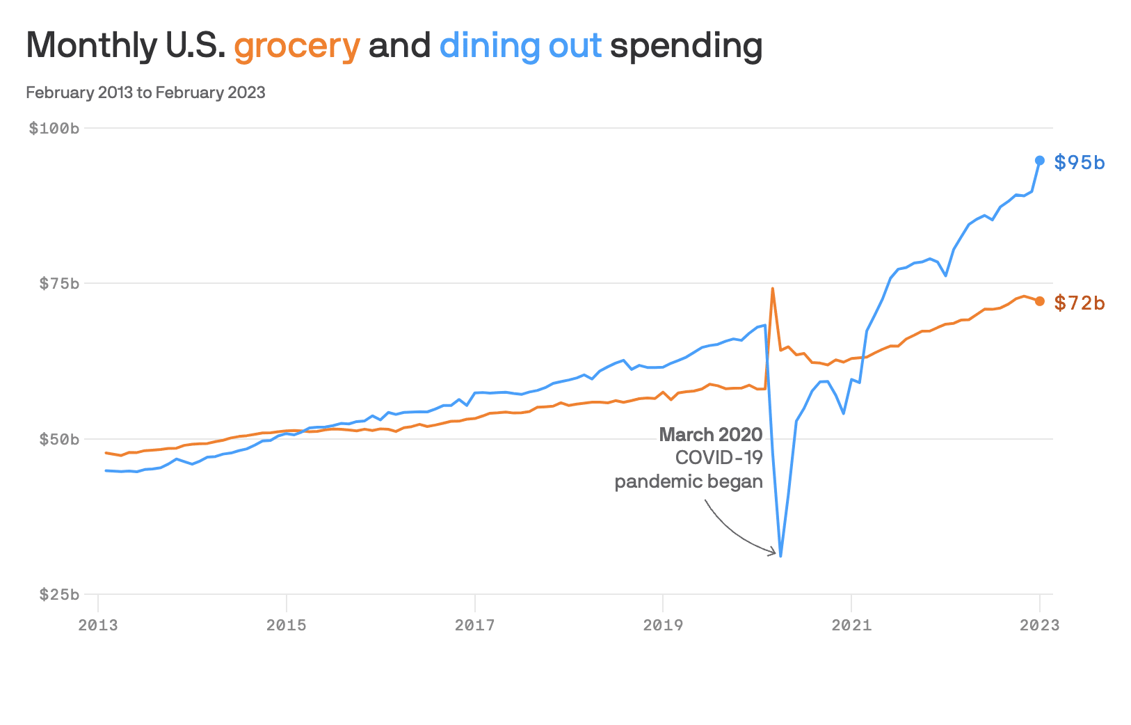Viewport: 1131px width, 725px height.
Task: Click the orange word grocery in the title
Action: (x=296, y=46)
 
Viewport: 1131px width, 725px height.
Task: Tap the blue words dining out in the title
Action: (x=520, y=46)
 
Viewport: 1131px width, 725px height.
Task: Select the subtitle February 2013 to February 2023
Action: (x=145, y=93)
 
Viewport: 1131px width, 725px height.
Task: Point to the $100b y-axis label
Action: (x=54, y=128)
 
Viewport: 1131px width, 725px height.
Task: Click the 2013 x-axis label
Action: (x=98, y=625)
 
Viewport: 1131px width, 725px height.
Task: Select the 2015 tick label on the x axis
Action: (x=287, y=625)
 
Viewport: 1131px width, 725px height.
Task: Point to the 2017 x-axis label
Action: (x=475, y=625)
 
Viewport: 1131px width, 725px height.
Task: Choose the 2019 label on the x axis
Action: (x=663, y=625)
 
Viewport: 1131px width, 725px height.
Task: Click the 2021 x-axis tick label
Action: (x=851, y=625)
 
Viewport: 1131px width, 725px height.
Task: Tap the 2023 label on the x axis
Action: (x=1040, y=625)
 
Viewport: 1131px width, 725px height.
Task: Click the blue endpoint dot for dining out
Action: (x=1040, y=161)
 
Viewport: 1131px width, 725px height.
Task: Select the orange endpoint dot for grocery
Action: (x=1040, y=301)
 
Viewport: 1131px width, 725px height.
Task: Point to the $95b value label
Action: (x=1080, y=162)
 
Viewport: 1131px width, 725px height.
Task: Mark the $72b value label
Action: (x=1080, y=303)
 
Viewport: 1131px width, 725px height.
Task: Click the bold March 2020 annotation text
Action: (x=711, y=435)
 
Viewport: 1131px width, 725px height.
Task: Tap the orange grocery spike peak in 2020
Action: (x=773, y=288)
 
